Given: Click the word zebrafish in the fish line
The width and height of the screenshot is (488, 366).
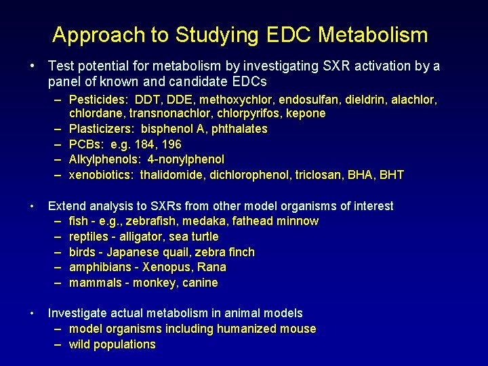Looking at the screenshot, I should [157, 221].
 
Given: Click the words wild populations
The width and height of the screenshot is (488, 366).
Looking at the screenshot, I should [113, 344].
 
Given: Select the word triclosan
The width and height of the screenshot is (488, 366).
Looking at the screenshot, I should [319, 175].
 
